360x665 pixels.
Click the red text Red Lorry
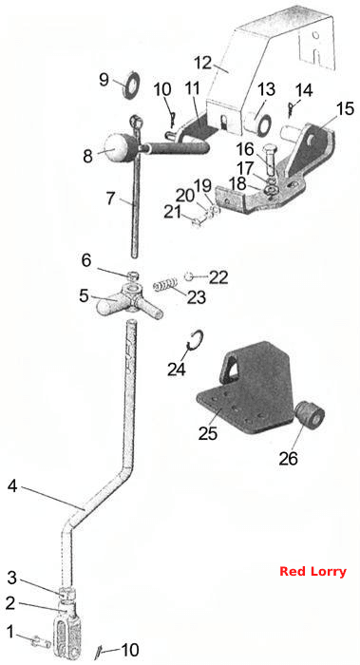(x=313, y=572)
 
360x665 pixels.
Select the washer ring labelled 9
(x=132, y=85)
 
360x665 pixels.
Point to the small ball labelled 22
(x=188, y=277)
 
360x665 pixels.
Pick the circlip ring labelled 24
(x=196, y=340)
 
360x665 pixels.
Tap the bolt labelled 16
(x=269, y=160)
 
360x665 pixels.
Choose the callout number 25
(x=208, y=433)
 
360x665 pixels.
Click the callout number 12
(x=202, y=63)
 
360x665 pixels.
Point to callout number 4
(x=12, y=486)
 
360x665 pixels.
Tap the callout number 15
(x=346, y=108)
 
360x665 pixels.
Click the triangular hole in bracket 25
(x=230, y=368)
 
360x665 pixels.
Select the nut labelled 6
(x=134, y=275)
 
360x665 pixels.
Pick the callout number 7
(x=111, y=198)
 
